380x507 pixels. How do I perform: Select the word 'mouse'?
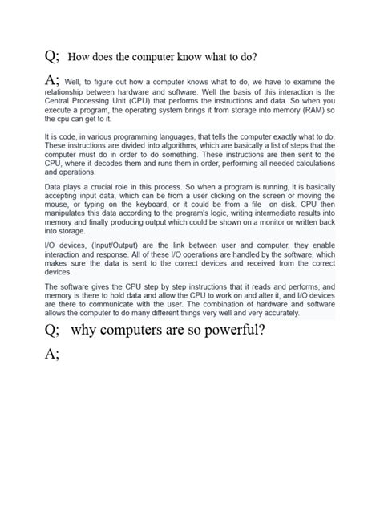57,204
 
